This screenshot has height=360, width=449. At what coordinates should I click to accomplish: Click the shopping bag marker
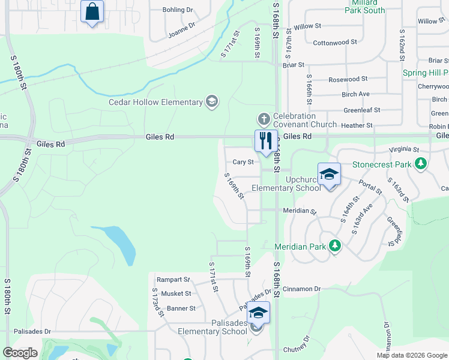(92, 11)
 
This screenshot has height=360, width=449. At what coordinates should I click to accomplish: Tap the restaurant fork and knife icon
(266, 142)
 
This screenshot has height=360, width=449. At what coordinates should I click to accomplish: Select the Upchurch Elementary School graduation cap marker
(329, 175)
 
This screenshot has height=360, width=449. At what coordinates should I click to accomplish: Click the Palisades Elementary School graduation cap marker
(258, 313)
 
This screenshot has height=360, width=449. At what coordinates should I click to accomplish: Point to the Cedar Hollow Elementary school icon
(211, 102)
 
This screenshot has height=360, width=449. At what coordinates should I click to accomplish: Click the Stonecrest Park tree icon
(421, 164)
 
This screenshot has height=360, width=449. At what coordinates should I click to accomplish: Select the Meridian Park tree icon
(335, 246)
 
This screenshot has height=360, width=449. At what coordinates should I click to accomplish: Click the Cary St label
(243, 162)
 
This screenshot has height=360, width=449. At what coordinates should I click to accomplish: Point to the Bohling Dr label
(178, 10)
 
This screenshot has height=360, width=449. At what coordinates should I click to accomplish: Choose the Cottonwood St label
(335, 43)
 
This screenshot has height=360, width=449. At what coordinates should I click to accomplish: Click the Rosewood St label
(348, 79)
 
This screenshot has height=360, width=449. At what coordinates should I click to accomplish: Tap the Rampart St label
(173, 280)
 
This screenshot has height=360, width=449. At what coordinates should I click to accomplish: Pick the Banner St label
(181, 308)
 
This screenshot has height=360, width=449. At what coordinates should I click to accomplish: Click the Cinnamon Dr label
(301, 289)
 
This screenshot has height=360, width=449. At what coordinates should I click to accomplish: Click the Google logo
(20, 353)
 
